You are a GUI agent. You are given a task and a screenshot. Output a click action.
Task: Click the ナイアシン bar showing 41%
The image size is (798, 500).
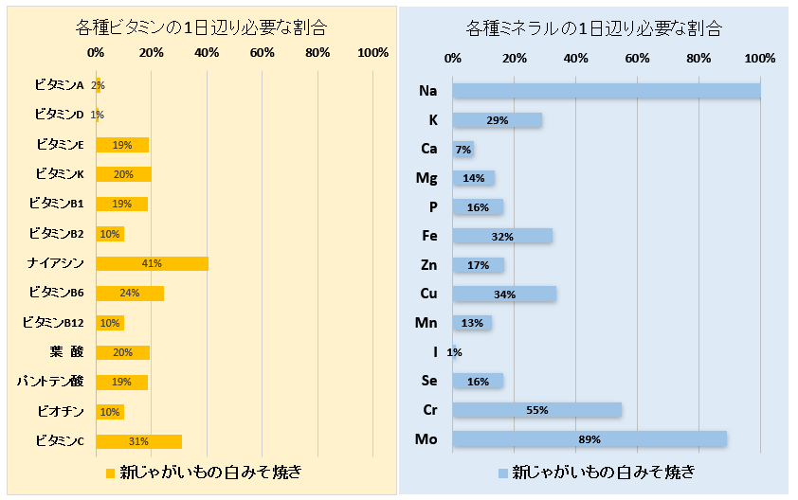pos(152,263)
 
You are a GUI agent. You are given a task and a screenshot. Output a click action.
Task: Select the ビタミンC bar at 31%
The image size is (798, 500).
pos(138,441)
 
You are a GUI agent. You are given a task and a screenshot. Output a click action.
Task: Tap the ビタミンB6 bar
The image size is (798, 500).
pos(130,294)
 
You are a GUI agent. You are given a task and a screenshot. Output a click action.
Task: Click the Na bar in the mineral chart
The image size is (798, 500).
pos(607,91)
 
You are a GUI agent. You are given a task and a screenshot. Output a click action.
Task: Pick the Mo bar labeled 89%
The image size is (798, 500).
pos(589,439)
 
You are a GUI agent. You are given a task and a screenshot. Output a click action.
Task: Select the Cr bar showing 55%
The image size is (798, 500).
pos(536,410)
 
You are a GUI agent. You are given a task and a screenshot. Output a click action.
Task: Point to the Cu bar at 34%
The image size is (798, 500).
pos(504,294)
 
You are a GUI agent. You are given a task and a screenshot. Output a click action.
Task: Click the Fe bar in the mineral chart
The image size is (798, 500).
pos(502,236)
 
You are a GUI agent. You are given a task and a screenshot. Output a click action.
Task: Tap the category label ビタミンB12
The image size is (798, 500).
pos(53,323)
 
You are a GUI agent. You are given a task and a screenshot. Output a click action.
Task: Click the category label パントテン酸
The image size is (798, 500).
pos(50,382)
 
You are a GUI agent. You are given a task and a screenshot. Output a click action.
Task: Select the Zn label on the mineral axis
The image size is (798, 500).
pos(428,265)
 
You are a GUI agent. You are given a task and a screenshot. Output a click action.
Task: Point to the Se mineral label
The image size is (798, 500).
pos(429,381)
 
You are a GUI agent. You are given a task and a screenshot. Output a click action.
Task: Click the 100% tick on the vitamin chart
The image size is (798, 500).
pos(373,52)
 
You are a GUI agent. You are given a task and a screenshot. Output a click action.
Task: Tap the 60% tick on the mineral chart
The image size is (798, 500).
pos(637,59)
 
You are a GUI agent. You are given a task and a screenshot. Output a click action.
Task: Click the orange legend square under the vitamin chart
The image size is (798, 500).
pos(110,472)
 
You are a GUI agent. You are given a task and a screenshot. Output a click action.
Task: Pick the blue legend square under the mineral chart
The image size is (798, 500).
pos(502,472)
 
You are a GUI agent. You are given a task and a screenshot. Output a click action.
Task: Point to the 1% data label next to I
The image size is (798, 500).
pos(454,352)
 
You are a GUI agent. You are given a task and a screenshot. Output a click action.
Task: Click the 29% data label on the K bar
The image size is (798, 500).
pos(497,120)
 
